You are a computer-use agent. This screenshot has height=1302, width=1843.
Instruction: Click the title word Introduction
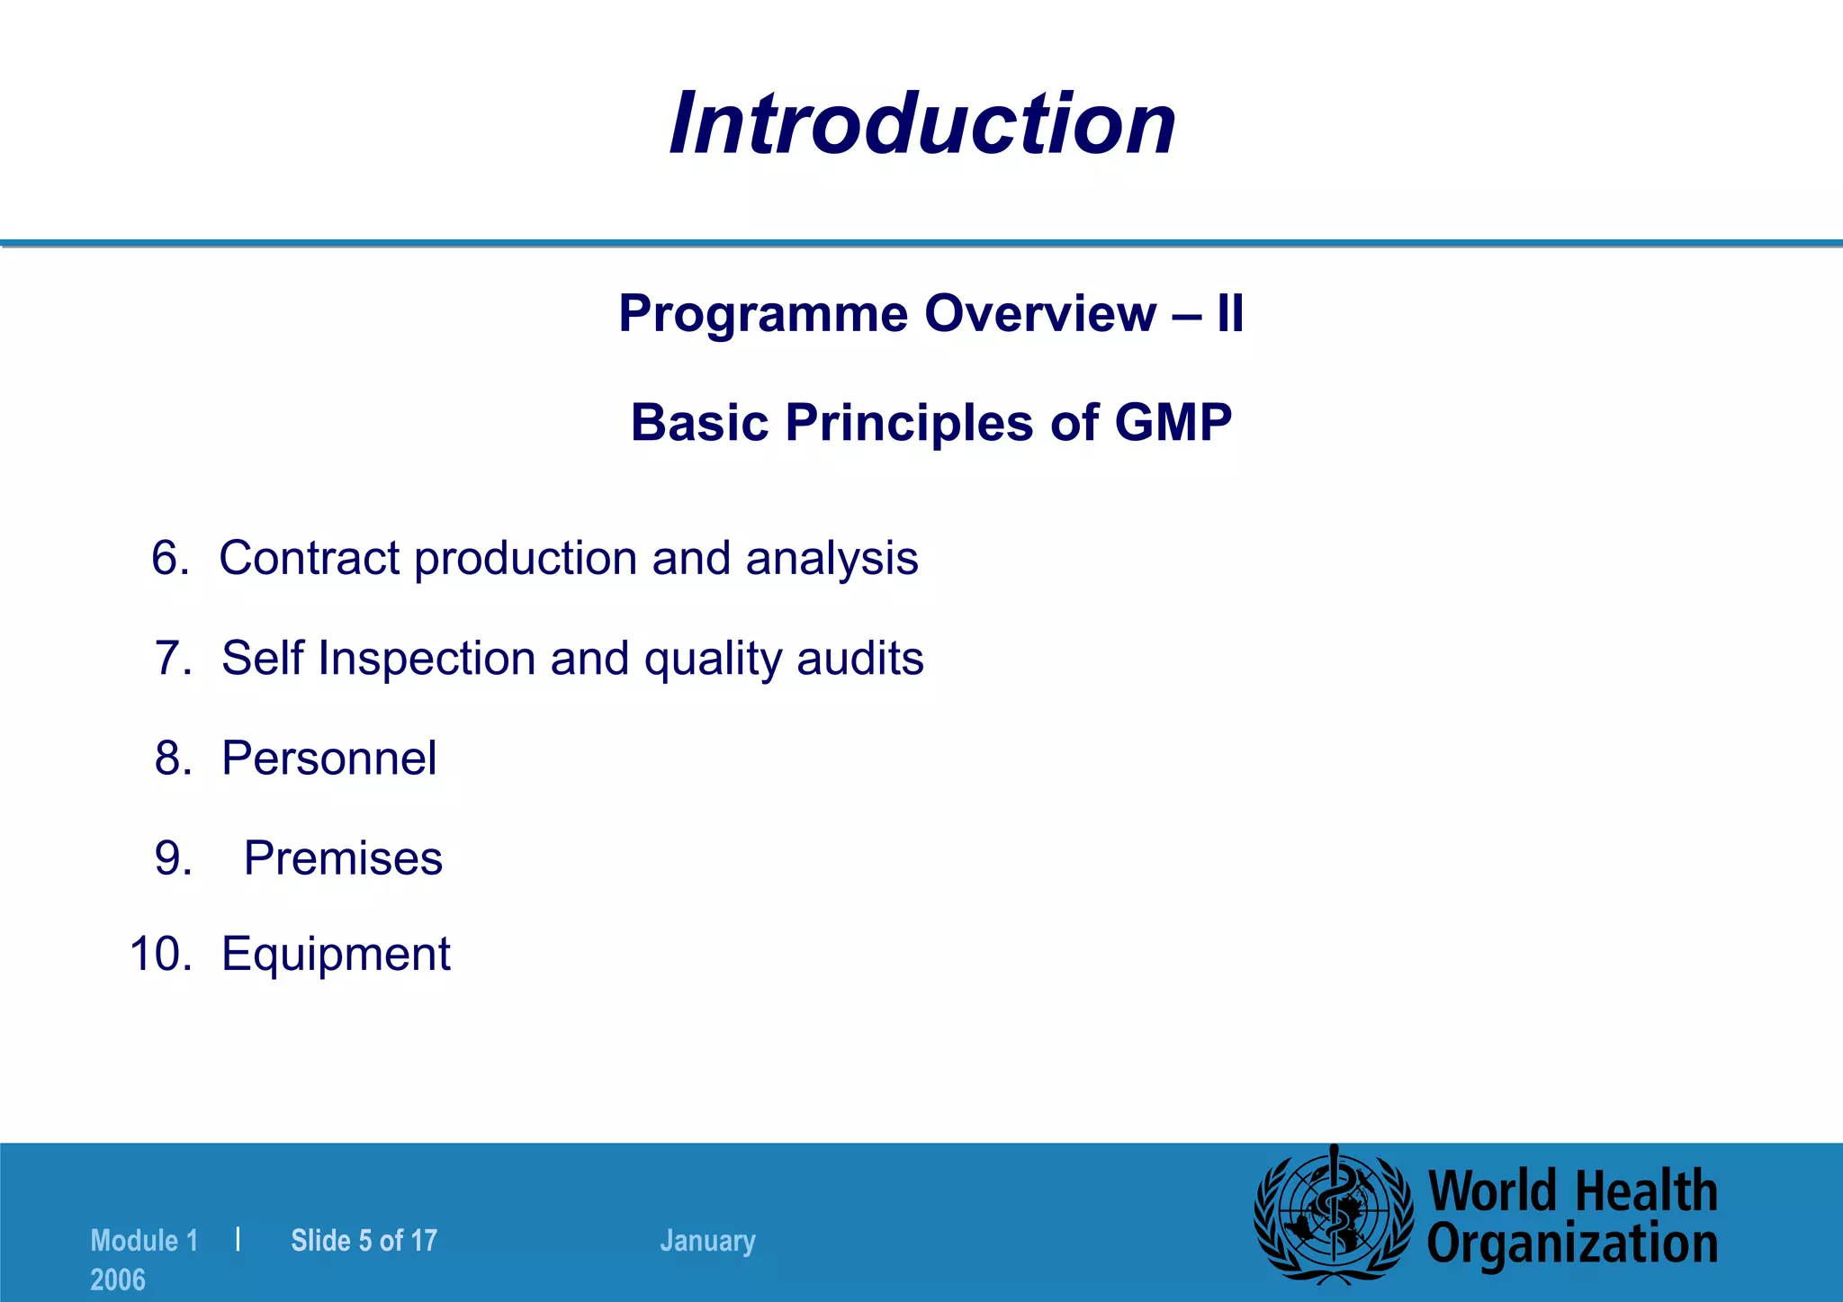tap(922, 124)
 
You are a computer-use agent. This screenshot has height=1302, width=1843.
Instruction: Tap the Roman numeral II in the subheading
tap(1229, 315)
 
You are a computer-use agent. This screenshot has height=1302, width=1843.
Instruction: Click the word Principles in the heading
tap(909, 423)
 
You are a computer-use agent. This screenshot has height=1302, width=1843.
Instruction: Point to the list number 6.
tap(169, 558)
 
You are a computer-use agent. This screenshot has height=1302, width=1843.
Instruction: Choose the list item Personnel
tap(328, 759)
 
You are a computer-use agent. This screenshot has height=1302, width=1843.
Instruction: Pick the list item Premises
tap(343, 858)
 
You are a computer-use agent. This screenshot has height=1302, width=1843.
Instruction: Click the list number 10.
tap(160, 954)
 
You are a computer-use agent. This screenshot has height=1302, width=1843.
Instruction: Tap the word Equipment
tap(336, 954)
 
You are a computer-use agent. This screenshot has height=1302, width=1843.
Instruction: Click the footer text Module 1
tap(144, 1241)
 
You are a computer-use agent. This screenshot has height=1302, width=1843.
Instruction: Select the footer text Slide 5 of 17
tap(364, 1241)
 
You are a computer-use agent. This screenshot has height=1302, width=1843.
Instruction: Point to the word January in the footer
tap(707, 1241)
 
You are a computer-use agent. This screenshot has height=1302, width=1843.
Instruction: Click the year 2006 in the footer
tap(118, 1280)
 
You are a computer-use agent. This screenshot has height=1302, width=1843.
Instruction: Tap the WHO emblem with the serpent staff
tap(1334, 1215)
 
